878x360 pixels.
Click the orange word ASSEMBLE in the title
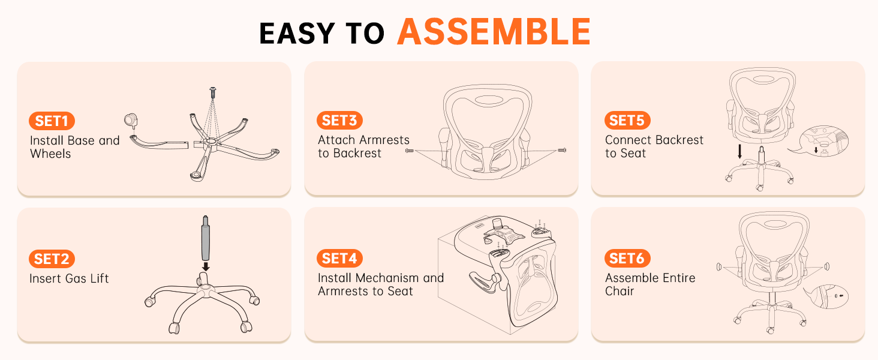point(494,32)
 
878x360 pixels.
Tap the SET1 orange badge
point(52,121)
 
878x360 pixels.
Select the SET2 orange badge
point(52,259)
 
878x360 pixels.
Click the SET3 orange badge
point(339,121)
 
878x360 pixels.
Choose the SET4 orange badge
point(339,259)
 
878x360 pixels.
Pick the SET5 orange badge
point(627,121)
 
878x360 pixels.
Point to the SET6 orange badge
point(627,259)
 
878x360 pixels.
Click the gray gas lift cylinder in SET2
point(205,238)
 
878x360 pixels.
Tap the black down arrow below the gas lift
point(205,266)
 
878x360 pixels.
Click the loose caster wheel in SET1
point(130,120)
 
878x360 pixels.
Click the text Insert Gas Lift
point(69,278)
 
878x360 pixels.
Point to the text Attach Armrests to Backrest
point(363,146)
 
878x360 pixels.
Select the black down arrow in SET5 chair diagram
point(740,151)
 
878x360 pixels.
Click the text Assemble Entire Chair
point(650,284)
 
